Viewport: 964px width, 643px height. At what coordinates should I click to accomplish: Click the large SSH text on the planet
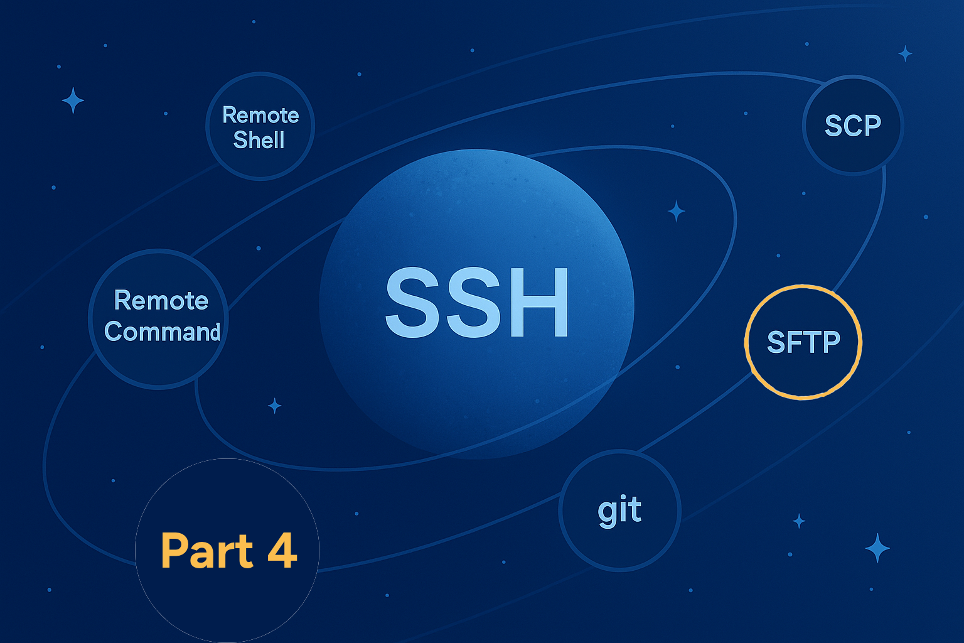[x=477, y=302]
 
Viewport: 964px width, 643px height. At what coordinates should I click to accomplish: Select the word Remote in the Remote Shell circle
[x=260, y=115]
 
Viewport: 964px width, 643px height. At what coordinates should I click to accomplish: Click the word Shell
[x=259, y=139]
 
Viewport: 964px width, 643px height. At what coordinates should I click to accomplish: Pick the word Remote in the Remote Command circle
[x=161, y=300]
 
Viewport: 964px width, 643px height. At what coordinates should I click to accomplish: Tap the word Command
[x=163, y=332]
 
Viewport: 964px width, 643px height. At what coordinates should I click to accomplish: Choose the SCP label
[x=852, y=126]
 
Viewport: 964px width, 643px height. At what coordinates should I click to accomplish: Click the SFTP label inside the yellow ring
[x=803, y=342]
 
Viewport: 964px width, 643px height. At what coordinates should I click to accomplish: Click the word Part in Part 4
[x=206, y=551]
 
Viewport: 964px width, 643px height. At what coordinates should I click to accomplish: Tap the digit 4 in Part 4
[x=282, y=551]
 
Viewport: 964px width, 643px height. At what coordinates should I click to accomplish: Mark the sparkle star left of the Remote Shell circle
[x=73, y=100]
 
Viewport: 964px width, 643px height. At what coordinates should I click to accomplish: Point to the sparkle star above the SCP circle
[x=905, y=54]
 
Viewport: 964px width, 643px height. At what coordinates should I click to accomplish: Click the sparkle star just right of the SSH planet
[x=676, y=211]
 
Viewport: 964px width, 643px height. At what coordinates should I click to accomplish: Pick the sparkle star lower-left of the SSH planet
[x=274, y=406]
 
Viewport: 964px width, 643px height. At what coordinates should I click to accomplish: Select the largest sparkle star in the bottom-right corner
[x=877, y=548]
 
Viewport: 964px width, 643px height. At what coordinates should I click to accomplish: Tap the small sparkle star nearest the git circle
[x=799, y=521]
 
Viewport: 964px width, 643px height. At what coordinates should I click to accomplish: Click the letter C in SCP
[x=852, y=126]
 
